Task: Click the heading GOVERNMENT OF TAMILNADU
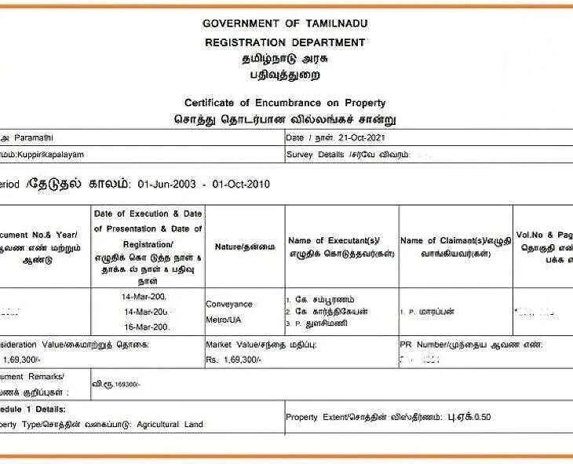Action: click(285, 24)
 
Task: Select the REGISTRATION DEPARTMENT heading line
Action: click(285, 42)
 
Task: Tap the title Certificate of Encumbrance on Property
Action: click(285, 103)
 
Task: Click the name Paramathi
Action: click(27, 137)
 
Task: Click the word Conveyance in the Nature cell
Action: click(229, 304)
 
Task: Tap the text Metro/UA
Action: click(224, 320)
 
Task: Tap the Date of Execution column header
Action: click(148, 214)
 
